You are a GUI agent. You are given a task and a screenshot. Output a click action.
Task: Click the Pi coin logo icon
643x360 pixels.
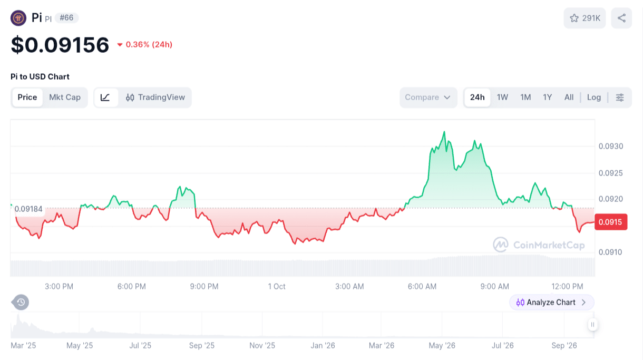(x=18, y=18)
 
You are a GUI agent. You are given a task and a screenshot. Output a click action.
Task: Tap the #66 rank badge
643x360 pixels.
(x=66, y=18)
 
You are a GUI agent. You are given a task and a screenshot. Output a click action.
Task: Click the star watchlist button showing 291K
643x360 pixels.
(x=584, y=18)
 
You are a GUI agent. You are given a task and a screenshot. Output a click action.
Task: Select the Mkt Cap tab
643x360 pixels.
(x=65, y=98)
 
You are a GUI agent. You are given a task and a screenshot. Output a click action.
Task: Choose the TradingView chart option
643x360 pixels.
(x=155, y=98)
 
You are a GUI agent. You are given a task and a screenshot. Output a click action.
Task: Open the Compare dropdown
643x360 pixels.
(x=428, y=98)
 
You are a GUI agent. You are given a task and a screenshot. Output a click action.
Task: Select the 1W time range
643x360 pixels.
(x=502, y=98)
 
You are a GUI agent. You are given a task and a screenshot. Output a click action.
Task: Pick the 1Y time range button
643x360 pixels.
(x=548, y=98)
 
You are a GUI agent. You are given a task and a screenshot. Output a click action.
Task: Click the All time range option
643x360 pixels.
(x=569, y=98)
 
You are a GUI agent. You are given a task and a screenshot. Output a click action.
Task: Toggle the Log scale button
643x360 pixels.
(x=594, y=98)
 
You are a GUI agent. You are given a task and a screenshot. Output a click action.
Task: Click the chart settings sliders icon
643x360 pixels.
(x=620, y=98)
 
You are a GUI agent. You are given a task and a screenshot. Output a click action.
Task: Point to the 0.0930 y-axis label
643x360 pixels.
(x=611, y=147)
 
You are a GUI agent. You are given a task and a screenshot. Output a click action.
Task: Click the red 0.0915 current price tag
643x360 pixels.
(x=611, y=222)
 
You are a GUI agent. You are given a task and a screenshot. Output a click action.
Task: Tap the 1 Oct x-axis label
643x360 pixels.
(x=277, y=287)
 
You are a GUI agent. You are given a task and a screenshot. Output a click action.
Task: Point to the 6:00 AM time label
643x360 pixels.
(x=422, y=287)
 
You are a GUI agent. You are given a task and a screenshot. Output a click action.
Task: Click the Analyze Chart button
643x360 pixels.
(x=551, y=303)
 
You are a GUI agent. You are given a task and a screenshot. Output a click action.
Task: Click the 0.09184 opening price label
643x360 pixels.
(x=28, y=209)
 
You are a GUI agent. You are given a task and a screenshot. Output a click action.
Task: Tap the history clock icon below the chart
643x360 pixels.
(x=21, y=303)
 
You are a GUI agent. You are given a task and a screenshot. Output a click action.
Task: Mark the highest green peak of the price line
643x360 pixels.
(x=444, y=132)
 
